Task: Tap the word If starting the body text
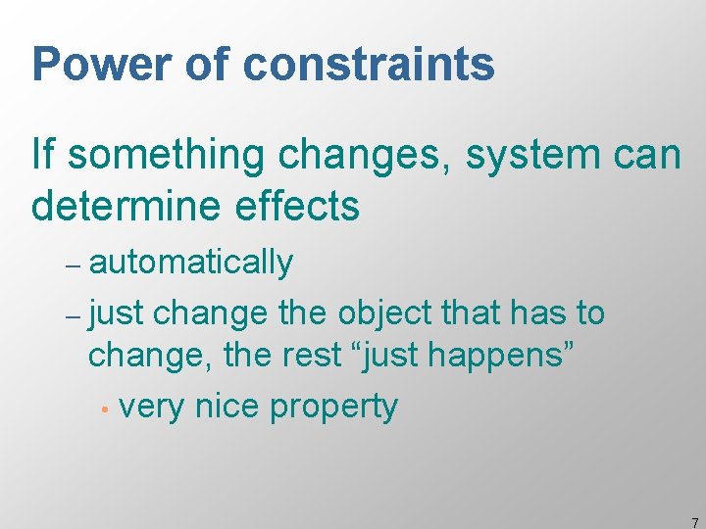point(42,154)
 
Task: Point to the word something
point(154,156)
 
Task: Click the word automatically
point(190,263)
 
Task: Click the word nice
point(227,406)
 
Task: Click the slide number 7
point(694,522)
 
